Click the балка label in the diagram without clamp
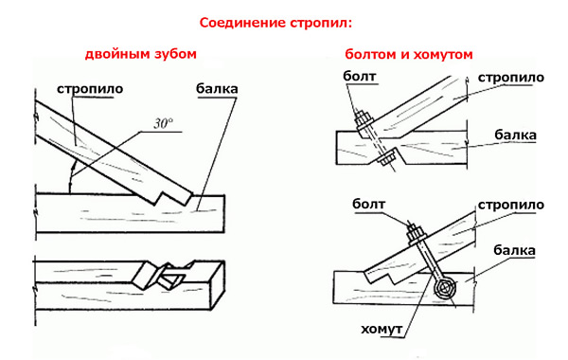click(516, 135)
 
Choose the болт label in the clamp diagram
click(371, 203)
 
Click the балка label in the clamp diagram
click(517, 250)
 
